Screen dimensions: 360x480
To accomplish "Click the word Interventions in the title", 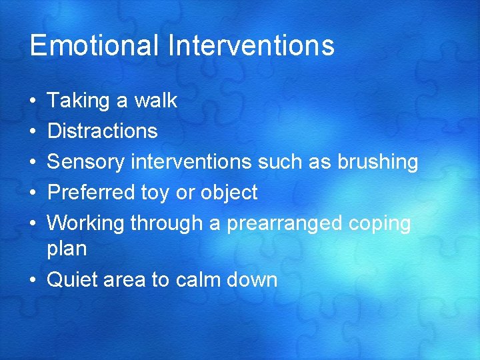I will click(x=251, y=45).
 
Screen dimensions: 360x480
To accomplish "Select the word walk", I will click(x=155, y=101).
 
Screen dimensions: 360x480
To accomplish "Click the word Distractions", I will click(x=102, y=131).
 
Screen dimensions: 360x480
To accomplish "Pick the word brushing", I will click(x=377, y=162).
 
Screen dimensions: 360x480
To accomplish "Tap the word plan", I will click(x=67, y=249).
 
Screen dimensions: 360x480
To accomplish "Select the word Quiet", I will click(x=73, y=280).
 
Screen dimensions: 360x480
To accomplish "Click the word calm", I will click(x=198, y=280).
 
